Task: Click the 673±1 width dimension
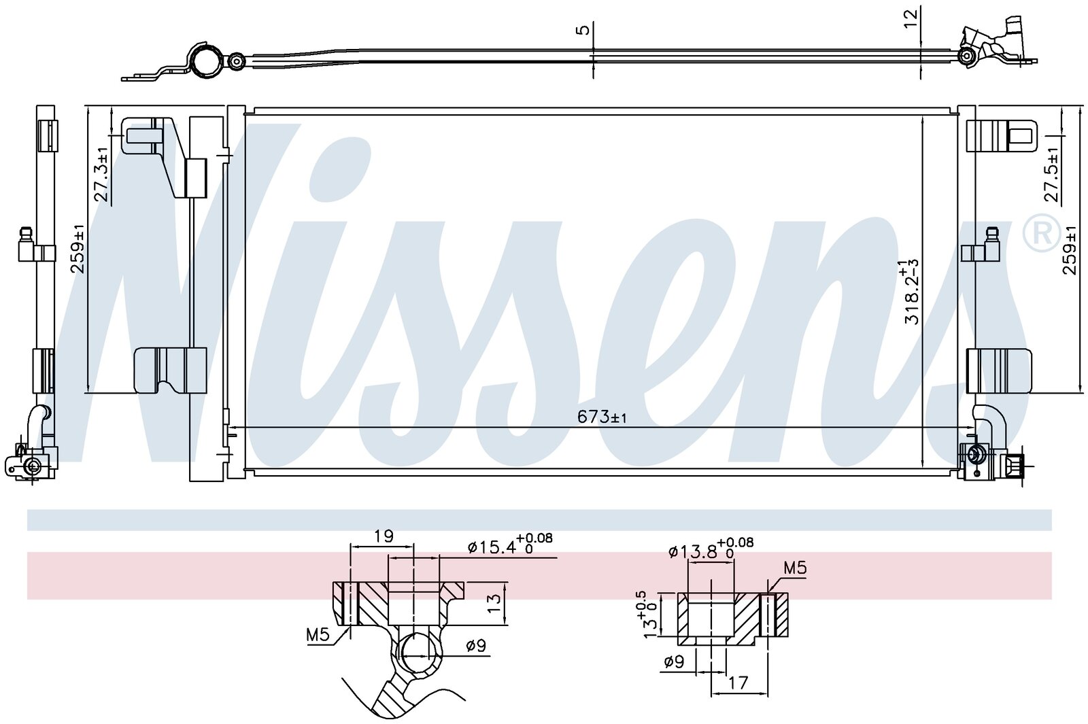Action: pos(602,417)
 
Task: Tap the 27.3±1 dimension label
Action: pos(101,174)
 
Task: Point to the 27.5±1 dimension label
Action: pos(1051,174)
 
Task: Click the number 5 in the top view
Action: pos(584,30)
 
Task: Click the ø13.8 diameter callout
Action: pos(711,549)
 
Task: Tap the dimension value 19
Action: pos(384,536)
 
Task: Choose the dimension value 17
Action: pos(738,683)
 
